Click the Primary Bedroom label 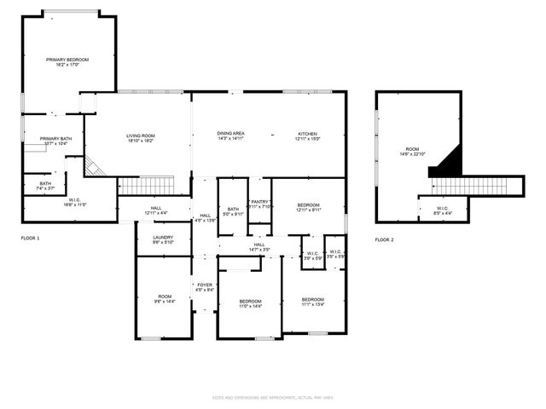tap(67, 62)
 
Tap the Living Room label tap(140, 138)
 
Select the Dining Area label tap(230, 136)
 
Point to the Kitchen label tap(307, 136)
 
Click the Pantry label tap(260, 204)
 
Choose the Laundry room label tap(163, 239)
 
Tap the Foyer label tap(204, 287)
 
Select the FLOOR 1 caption tap(31, 239)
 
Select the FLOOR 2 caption tap(384, 239)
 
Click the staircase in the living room tap(145, 186)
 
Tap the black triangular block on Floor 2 tap(447, 163)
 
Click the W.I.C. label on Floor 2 tap(443, 209)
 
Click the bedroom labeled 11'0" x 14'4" tap(250, 304)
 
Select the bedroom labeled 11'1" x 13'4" tap(313, 302)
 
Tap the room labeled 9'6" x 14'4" tap(165, 298)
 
